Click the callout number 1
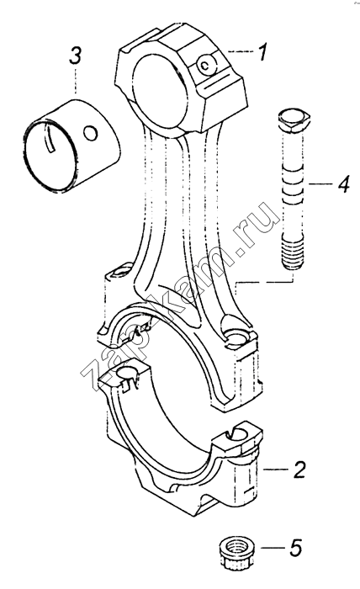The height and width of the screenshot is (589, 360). point(262,52)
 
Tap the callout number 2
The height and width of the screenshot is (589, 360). point(299,470)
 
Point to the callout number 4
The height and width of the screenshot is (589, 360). point(343,184)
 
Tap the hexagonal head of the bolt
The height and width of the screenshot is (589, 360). point(294,121)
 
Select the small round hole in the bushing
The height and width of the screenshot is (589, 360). point(91,133)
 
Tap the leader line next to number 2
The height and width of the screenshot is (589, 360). point(276,470)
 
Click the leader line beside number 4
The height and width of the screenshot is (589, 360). point(321,184)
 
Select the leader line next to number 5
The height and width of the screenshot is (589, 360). point(273,548)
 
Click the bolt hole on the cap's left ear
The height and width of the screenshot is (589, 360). point(126,372)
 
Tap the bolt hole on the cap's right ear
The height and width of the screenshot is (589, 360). point(240,435)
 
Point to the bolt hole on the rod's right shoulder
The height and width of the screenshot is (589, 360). point(236,336)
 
